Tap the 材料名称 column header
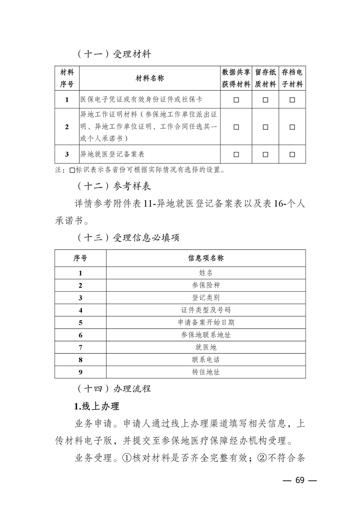pyautogui.click(x=150, y=78)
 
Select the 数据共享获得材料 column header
pyautogui.click(x=236, y=78)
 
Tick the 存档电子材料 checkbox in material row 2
pyautogui.click(x=292, y=127)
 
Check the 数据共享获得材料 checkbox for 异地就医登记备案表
pyautogui.click(x=236, y=154)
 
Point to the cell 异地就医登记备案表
pyautogui.click(x=112, y=154)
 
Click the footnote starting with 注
pyautogui.click(x=140, y=171)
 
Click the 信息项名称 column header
pyautogui.click(x=206, y=258)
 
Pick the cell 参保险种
pyautogui.click(x=206, y=285)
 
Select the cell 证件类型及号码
pyautogui.click(x=206, y=310)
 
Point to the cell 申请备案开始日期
pyautogui.click(x=206, y=323)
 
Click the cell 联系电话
pyautogui.click(x=206, y=359)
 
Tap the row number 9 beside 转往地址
pyautogui.click(x=80, y=372)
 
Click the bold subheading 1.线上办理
pyautogui.click(x=96, y=405)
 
